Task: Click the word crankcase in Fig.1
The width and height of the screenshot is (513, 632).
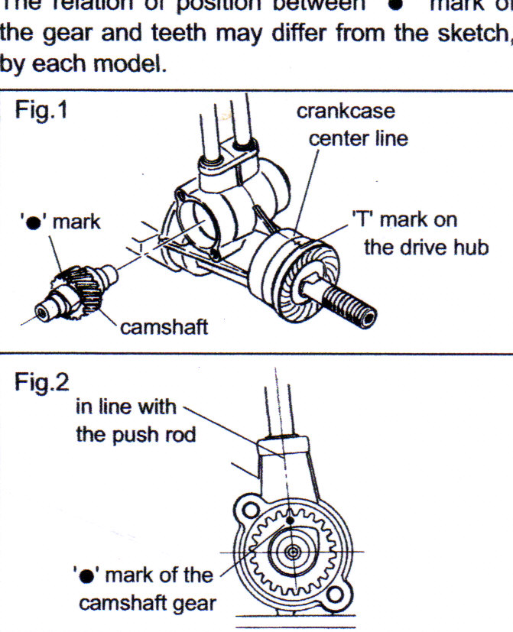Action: coord(346,111)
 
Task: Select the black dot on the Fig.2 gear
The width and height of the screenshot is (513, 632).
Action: coord(293,523)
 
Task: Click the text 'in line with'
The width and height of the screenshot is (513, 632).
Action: coord(125,407)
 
